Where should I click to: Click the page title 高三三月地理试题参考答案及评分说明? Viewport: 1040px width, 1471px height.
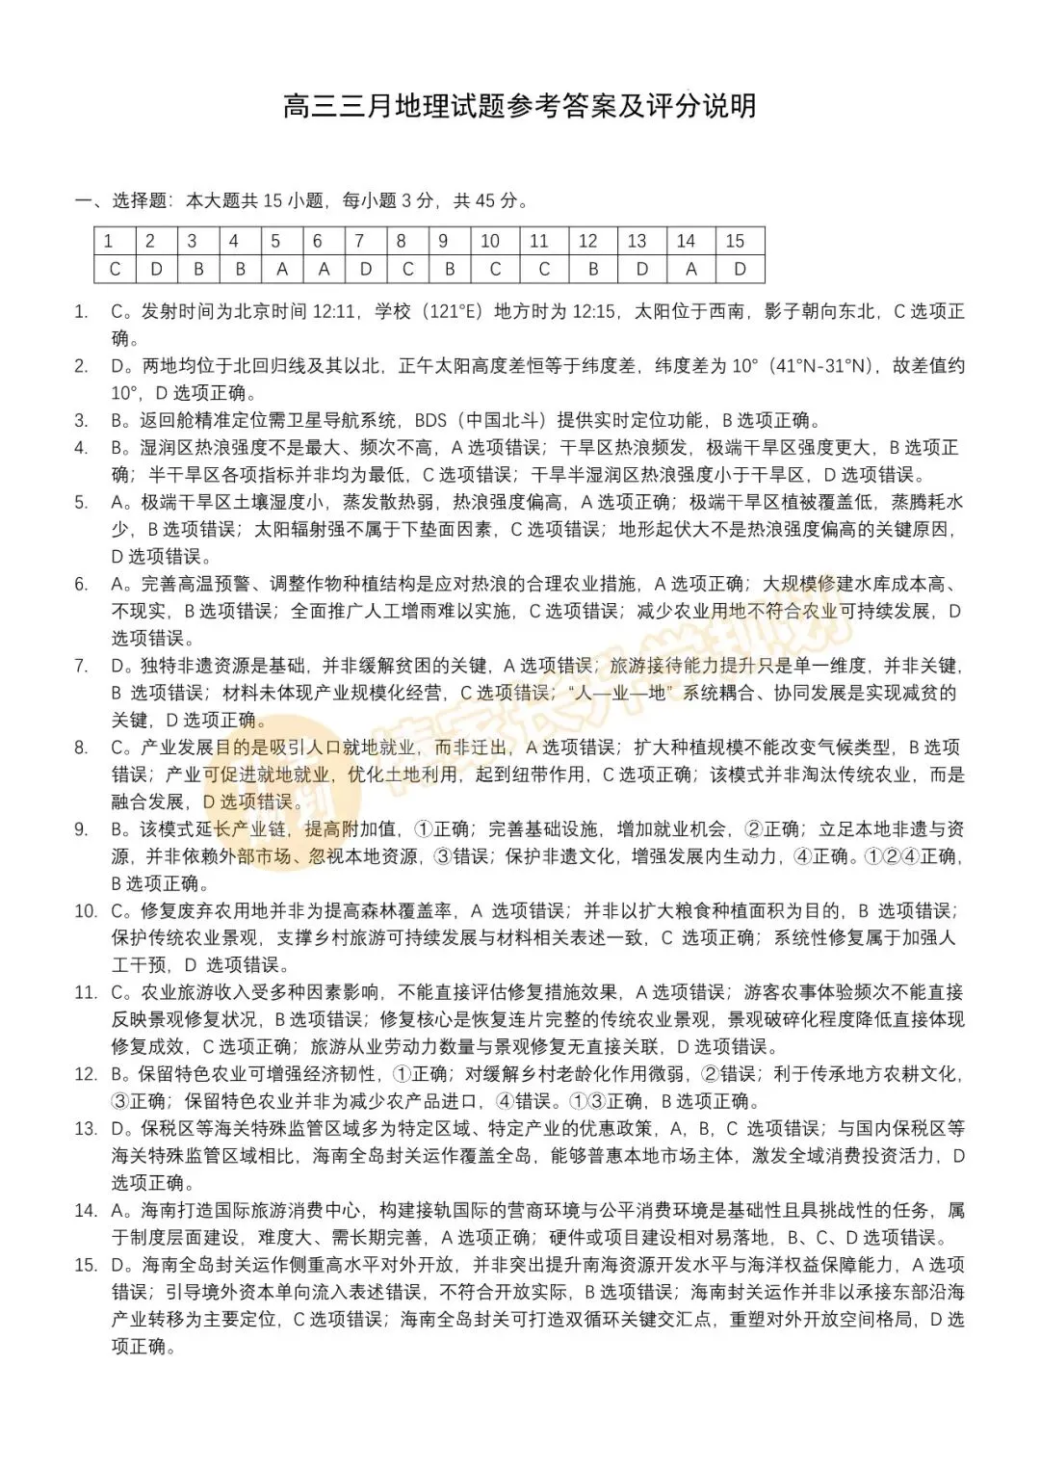(x=520, y=106)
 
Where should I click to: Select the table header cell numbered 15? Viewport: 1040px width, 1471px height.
(x=737, y=241)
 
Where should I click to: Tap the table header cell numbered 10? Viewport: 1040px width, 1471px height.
(x=490, y=241)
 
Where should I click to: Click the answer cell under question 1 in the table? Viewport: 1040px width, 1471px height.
(x=115, y=269)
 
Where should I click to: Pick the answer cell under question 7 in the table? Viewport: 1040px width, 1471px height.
(x=365, y=269)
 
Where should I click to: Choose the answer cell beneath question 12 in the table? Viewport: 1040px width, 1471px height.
(x=593, y=269)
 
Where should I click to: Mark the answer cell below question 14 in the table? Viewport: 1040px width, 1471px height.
(x=690, y=269)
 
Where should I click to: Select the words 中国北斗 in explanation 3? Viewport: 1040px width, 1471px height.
(x=505, y=420)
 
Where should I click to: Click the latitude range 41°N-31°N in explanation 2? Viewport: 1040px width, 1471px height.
(x=820, y=366)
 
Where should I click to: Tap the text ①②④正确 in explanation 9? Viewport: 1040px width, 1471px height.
(x=912, y=856)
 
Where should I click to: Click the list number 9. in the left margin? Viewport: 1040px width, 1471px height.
(x=82, y=829)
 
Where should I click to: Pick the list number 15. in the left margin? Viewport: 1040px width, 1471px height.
(x=86, y=1265)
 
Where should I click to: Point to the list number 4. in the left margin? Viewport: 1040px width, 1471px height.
(x=82, y=448)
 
